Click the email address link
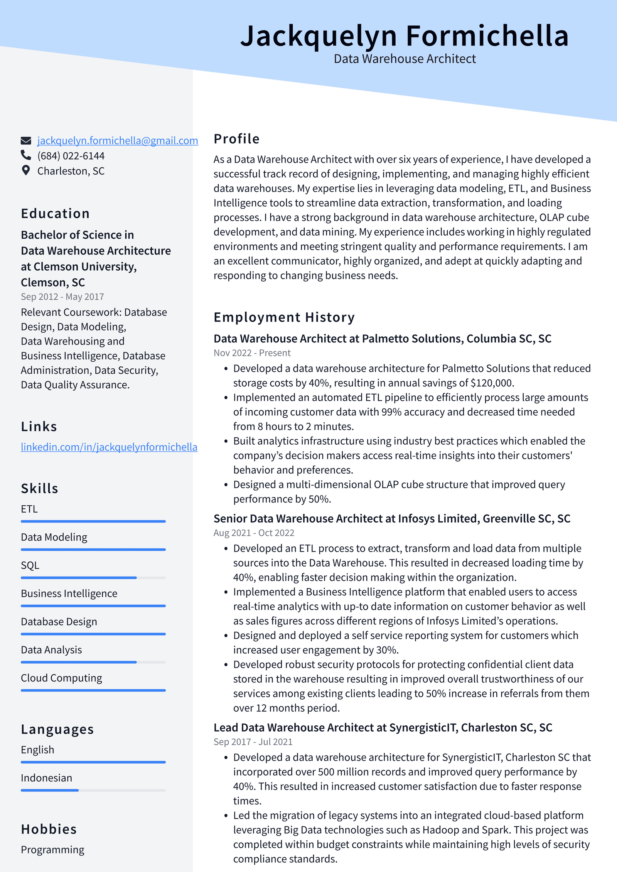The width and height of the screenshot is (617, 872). (118, 141)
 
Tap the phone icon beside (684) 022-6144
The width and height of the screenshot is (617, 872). (26, 155)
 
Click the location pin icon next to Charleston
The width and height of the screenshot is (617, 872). (26, 170)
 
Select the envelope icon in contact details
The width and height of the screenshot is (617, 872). (26, 140)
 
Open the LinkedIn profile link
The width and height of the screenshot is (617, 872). (109, 447)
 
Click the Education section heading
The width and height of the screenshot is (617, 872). (55, 214)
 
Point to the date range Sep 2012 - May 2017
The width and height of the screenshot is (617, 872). (62, 297)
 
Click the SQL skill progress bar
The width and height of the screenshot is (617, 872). (93, 578)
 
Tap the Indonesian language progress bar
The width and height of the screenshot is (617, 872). (93, 790)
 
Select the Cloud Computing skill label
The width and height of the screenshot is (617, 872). (61, 678)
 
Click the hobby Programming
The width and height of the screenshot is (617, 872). (52, 850)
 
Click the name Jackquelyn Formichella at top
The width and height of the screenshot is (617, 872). (405, 36)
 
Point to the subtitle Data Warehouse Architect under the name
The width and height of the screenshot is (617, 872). (405, 59)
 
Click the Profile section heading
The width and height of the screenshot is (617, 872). (236, 139)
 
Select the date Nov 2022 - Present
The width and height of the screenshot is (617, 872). (252, 353)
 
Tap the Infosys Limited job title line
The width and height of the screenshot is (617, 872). (392, 519)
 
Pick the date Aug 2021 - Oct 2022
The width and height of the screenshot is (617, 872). (254, 533)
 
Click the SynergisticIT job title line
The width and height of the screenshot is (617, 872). (383, 728)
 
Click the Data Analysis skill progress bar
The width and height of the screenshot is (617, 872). (93, 662)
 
